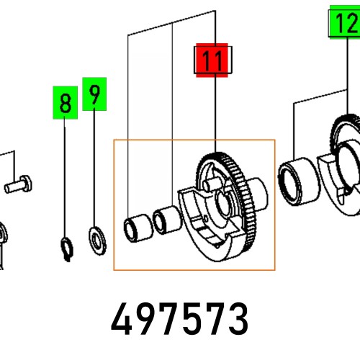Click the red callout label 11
coord(212,60)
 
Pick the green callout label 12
coord(344,24)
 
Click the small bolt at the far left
coord(19,184)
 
